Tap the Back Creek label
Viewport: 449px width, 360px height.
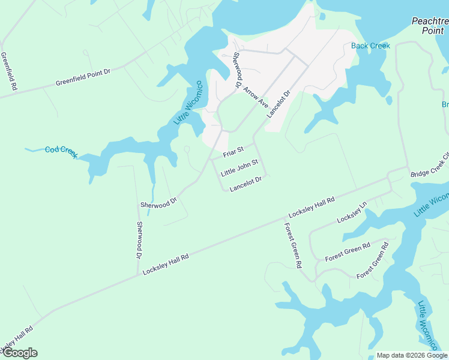370,46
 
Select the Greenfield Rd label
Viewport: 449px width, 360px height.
9,71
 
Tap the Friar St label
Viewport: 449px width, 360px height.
233,152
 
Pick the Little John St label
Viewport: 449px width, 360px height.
239,167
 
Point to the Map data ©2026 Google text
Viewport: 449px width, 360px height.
412,355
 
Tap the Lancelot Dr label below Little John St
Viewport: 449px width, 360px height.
246,184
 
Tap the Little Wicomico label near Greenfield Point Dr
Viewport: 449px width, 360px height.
188,103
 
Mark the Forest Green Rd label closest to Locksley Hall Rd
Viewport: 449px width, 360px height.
293,245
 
